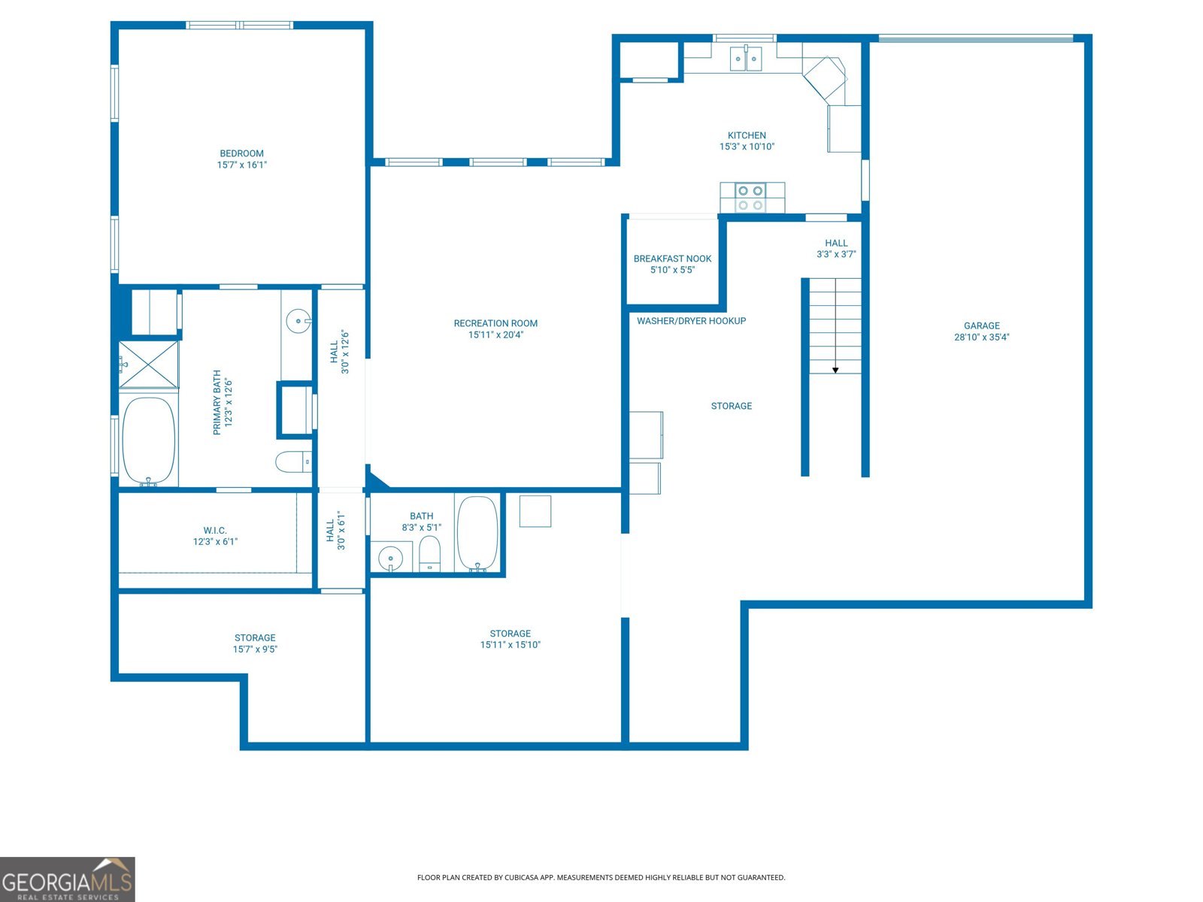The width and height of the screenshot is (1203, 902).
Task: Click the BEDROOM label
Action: pyautogui.click(x=241, y=153)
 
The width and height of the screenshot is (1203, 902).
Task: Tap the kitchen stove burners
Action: pyautogui.click(x=750, y=198)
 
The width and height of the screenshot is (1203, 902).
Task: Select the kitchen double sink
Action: pyautogui.click(x=746, y=59)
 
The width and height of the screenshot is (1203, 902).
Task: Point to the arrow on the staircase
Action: pyautogui.click(x=835, y=370)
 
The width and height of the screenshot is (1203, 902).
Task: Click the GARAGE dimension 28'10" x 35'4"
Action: pyautogui.click(x=981, y=337)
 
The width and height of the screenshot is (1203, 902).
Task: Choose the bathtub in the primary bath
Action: pyautogui.click(x=149, y=440)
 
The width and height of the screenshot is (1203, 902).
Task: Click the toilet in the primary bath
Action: pyautogui.click(x=293, y=462)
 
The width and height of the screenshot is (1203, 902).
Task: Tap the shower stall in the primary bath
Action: pyautogui.click(x=149, y=365)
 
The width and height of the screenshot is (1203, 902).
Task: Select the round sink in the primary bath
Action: pyautogui.click(x=298, y=321)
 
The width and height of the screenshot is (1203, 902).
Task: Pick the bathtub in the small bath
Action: pyautogui.click(x=477, y=533)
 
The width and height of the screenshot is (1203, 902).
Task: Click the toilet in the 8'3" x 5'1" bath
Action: pyautogui.click(x=429, y=555)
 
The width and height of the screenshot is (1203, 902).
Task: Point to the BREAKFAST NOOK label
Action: pyautogui.click(x=672, y=259)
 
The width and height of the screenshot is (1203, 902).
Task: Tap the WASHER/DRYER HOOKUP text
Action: pyautogui.click(x=691, y=321)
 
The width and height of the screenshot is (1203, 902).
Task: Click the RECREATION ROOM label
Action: pyautogui.click(x=495, y=323)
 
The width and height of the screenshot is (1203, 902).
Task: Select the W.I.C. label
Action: pyautogui.click(x=215, y=531)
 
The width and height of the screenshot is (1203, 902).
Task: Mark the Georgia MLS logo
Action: pyautogui.click(x=67, y=879)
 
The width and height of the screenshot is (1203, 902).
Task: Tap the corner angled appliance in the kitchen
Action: pyautogui.click(x=825, y=78)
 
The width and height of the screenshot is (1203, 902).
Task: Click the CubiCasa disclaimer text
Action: pyautogui.click(x=601, y=877)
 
